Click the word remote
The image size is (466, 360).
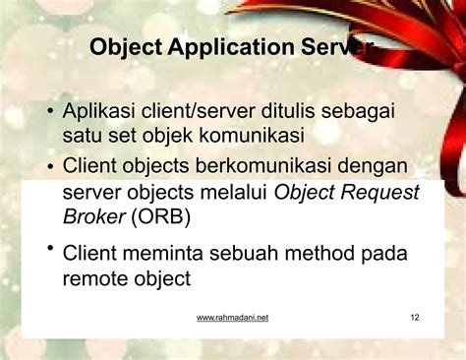pyautogui.click(x=95, y=278)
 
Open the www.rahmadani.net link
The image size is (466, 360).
pyautogui.click(x=232, y=318)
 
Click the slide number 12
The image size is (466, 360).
pyautogui.click(x=414, y=318)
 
